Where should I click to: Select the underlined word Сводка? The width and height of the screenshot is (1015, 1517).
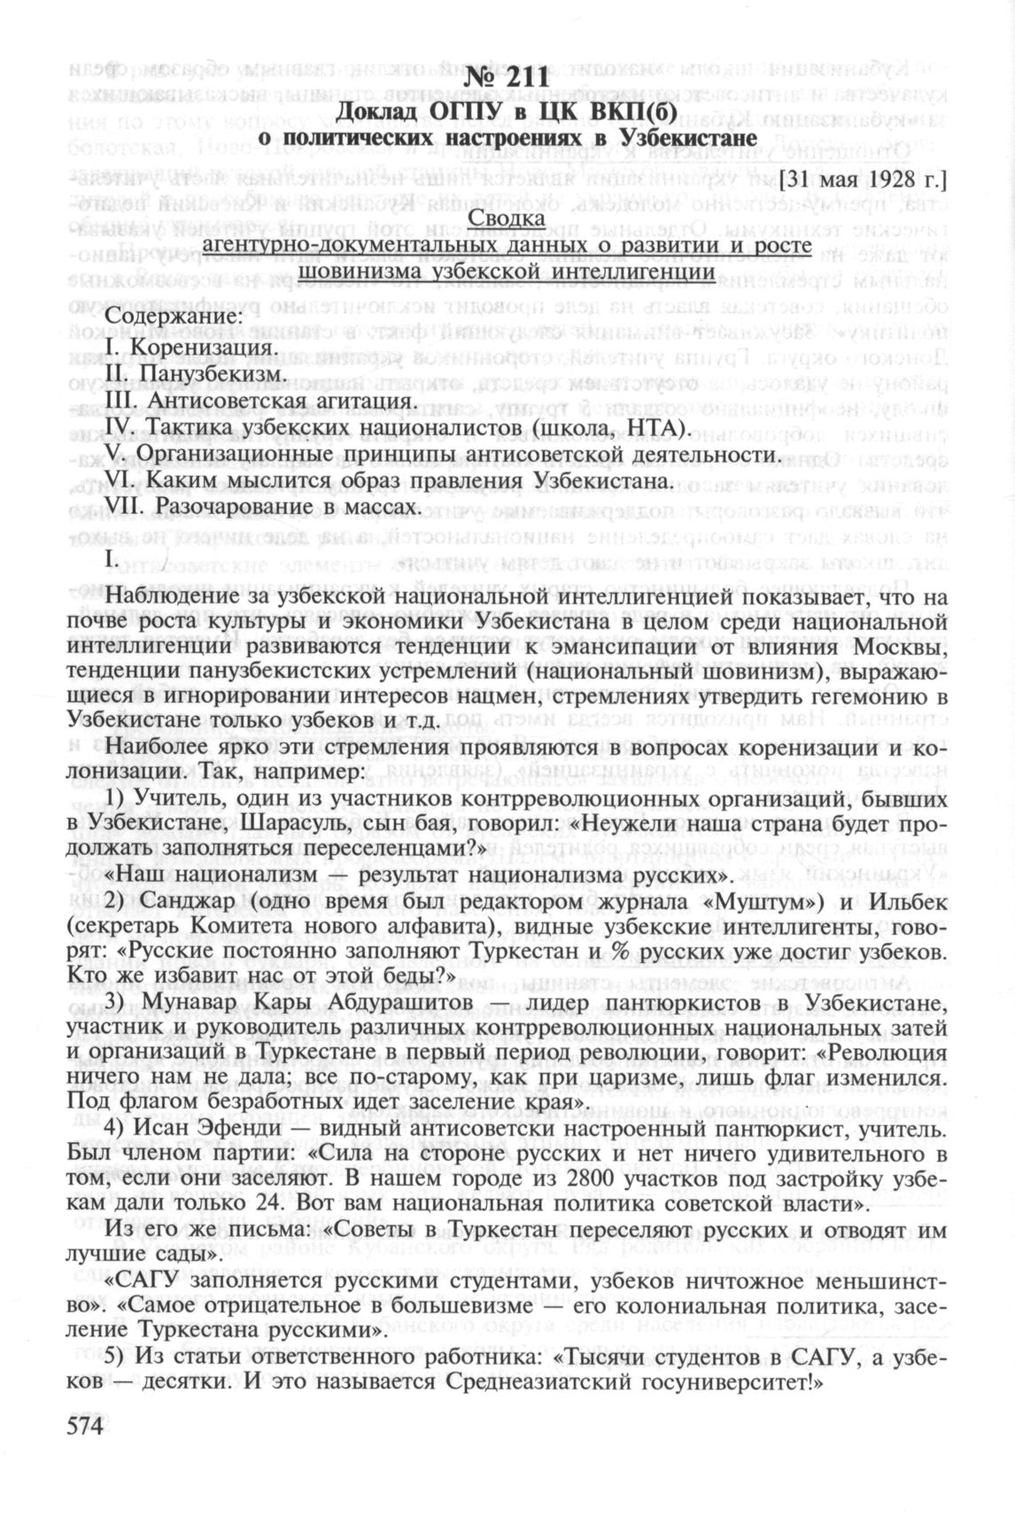507,218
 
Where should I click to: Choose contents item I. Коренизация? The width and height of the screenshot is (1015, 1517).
188,346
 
